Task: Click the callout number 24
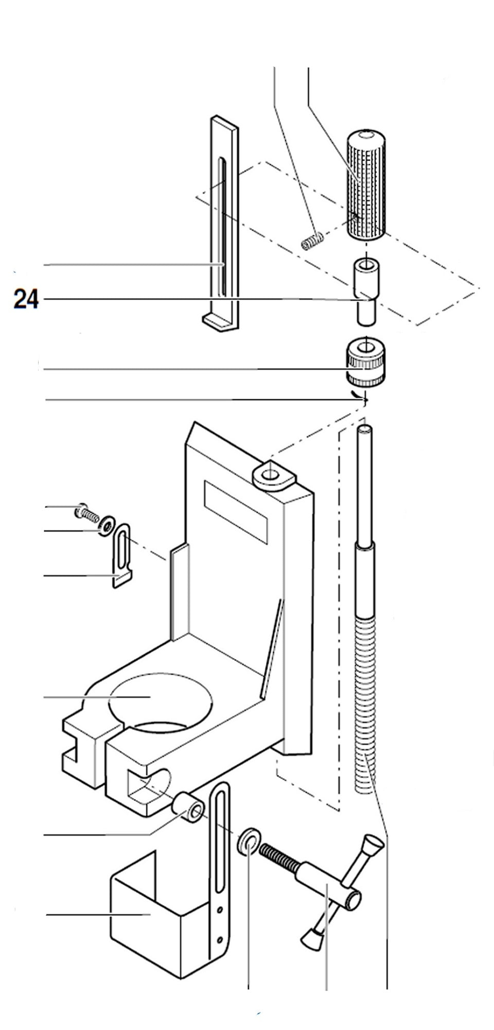pos(26,299)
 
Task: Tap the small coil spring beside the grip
pos(312,241)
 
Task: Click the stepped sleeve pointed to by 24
pos(365,293)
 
